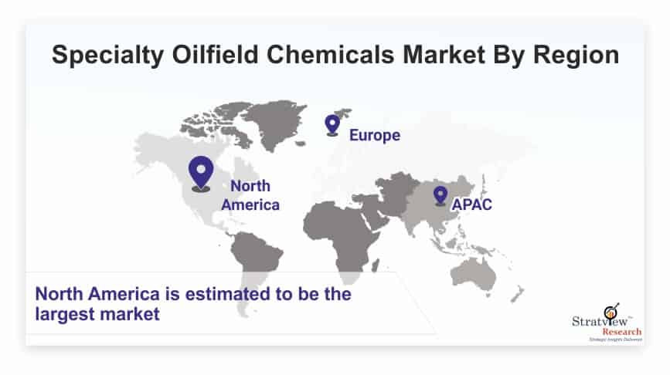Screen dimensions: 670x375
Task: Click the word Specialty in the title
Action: click(107, 56)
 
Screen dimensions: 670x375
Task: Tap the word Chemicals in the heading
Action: click(331, 55)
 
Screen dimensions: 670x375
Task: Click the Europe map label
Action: click(375, 135)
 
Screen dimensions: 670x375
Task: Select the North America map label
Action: click(250, 195)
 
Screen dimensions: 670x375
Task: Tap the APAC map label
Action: click(471, 204)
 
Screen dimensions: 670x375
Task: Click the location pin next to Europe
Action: click(332, 125)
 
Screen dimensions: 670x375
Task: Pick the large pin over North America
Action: click(201, 173)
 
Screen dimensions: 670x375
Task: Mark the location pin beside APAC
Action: click(440, 195)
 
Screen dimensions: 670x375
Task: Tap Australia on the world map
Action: click(474, 274)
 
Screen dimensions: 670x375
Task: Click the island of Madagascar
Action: click(376, 265)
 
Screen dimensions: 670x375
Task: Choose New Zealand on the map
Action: click(518, 294)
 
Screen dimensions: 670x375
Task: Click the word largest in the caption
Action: click(66, 315)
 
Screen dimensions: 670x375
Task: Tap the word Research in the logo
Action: click(622, 332)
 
